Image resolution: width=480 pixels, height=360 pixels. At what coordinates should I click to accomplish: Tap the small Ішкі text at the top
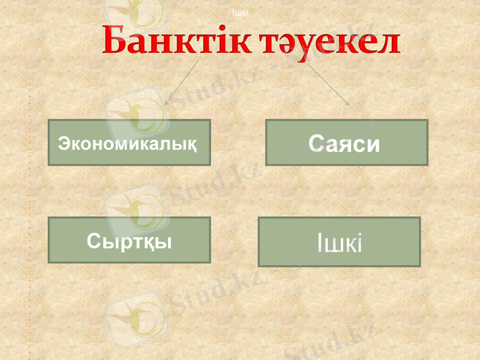pyautogui.click(x=240, y=12)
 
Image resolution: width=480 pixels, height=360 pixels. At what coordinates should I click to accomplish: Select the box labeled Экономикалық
pyautogui.click(x=129, y=142)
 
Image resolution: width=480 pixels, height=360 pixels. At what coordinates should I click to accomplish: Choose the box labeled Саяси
pyautogui.click(x=347, y=142)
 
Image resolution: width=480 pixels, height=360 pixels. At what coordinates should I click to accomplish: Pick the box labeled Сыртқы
pyautogui.click(x=129, y=240)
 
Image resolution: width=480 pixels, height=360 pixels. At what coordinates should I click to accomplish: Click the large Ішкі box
pyautogui.click(x=339, y=242)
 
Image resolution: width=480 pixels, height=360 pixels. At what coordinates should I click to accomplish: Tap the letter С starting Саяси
pyautogui.click(x=317, y=143)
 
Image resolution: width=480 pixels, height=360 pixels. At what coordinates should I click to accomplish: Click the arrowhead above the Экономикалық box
pyautogui.click(x=166, y=103)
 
